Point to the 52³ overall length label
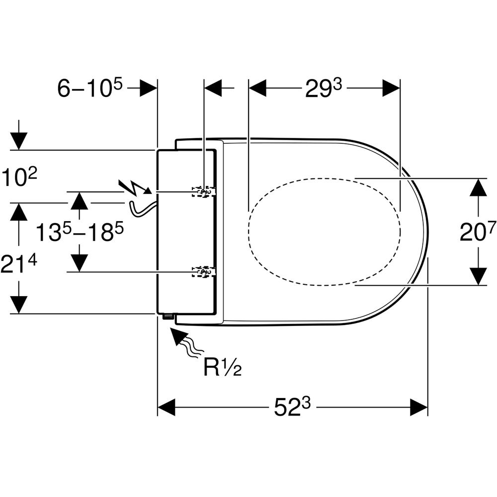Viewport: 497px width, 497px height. (292, 407)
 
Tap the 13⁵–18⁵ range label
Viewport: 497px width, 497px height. (80, 232)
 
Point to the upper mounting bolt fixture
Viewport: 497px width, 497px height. (204, 191)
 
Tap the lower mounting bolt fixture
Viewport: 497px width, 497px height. (204, 271)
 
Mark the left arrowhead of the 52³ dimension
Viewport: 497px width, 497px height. (167, 407)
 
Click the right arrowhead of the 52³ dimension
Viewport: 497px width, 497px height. (418, 407)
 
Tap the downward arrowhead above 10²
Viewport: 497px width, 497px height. (18, 141)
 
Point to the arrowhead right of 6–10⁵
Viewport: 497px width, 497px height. (148, 88)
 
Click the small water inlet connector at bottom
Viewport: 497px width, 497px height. (166, 317)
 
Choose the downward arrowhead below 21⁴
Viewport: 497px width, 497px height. (18, 304)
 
